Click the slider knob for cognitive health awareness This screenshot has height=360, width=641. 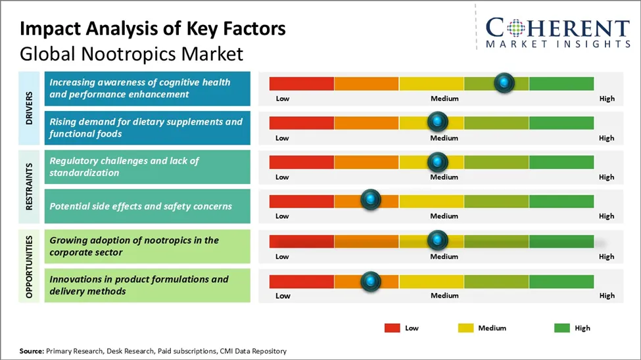504,83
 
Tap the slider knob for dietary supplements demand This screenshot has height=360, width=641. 437,122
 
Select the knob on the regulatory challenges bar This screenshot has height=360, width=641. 437,162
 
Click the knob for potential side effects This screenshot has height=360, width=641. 371,200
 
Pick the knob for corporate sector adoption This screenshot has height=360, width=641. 437,240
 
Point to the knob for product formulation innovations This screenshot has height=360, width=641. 371,281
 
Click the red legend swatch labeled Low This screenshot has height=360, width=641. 392,328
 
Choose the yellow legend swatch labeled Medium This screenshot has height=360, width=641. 465,328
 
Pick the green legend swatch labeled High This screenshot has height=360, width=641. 562,328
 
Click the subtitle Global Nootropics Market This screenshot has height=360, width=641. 131,53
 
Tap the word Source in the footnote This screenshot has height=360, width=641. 31,351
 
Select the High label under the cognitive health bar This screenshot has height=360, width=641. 606,99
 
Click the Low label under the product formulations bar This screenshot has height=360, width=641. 283,296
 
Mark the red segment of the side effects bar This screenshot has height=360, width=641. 301,201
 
